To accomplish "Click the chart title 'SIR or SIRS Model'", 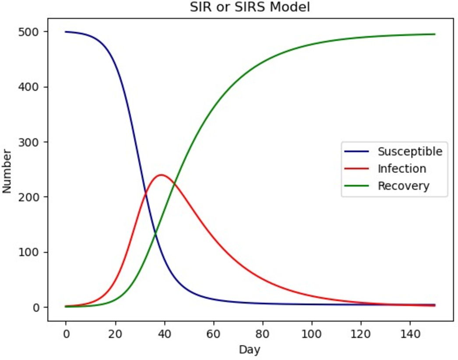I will click(250, 7).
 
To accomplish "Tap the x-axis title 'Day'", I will click(250, 350).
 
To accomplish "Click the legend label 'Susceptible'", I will click(410, 152).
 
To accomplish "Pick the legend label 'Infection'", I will click(402, 169).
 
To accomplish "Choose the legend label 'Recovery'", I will click(403, 186).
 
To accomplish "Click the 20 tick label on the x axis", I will click(115, 332).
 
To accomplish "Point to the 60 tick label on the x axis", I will click(213, 332).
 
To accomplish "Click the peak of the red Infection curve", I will click(161, 175).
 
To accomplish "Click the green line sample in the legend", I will click(357, 186).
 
